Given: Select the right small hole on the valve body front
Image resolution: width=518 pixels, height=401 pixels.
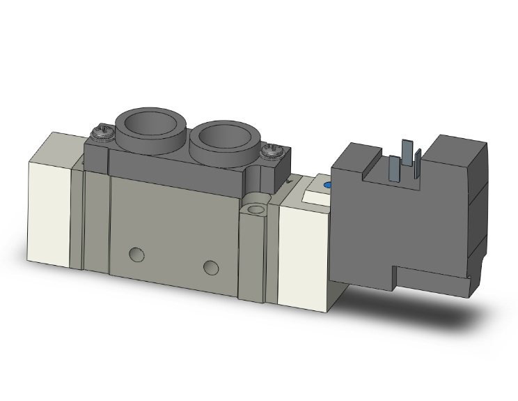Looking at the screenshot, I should [210, 266].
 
